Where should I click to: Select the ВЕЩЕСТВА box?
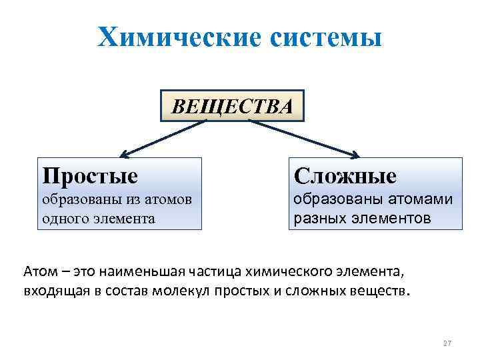click(x=232, y=105)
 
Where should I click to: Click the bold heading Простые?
click(x=90, y=175)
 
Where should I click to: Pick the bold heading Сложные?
click(x=345, y=176)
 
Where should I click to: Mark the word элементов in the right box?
click(x=393, y=217)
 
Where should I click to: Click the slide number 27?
click(x=447, y=343)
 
